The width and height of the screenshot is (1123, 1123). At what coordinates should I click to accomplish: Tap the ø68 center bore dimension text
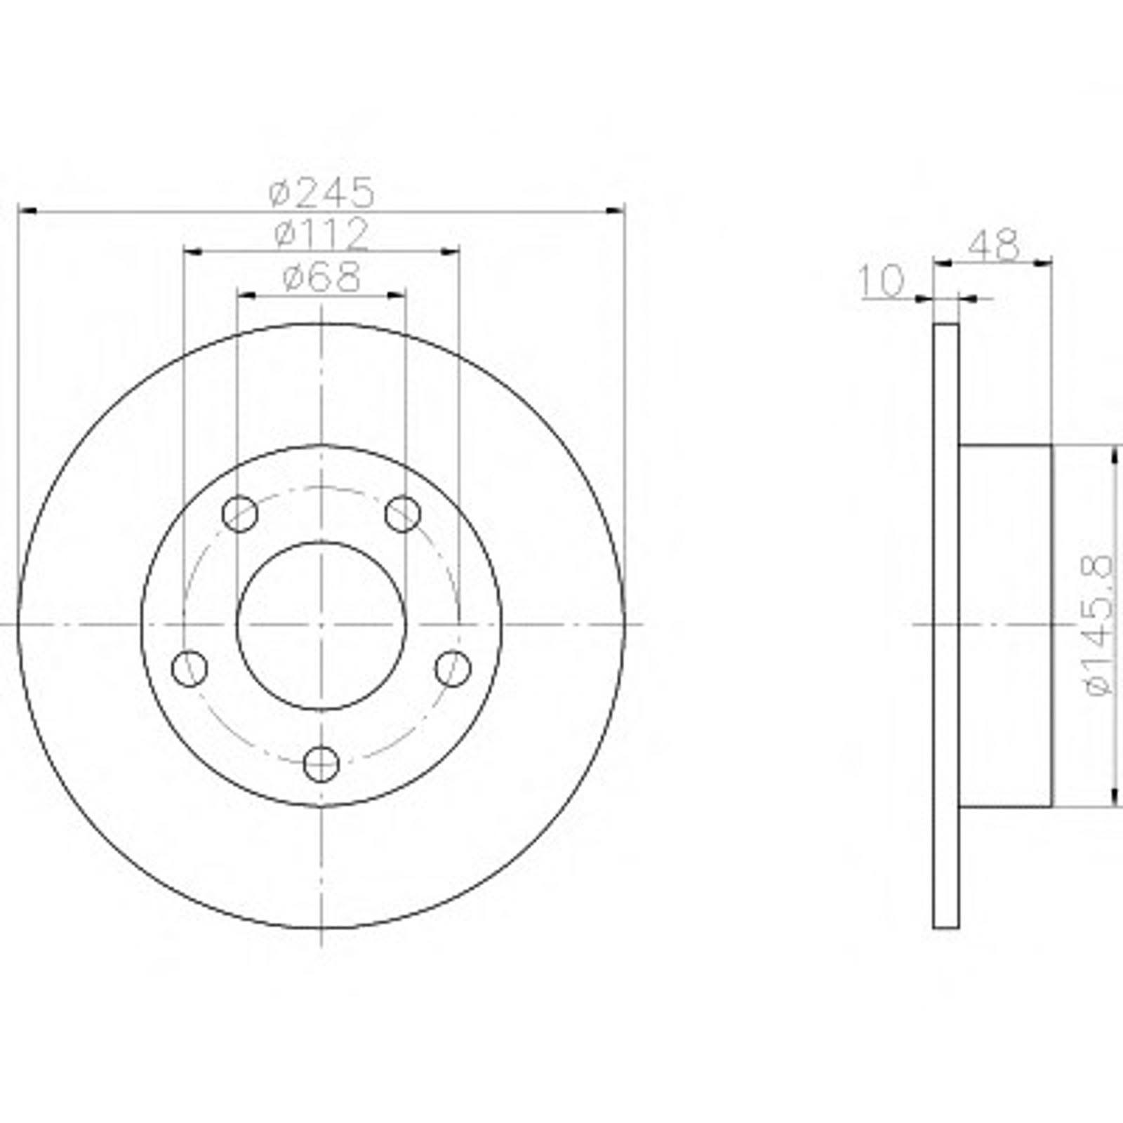[321, 277]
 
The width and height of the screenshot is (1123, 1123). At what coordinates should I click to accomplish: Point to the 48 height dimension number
[993, 245]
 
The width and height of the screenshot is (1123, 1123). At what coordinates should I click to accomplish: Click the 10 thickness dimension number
[882, 282]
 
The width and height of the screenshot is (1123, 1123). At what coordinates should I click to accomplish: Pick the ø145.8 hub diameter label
[1098, 624]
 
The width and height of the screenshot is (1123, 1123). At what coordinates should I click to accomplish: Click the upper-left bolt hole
[239, 514]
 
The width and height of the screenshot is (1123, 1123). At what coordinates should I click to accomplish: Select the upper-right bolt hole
[403, 514]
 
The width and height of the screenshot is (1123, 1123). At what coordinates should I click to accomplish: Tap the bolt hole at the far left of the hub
[190, 668]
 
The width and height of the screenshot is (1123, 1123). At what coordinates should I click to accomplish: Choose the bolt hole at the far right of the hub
[453, 668]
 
